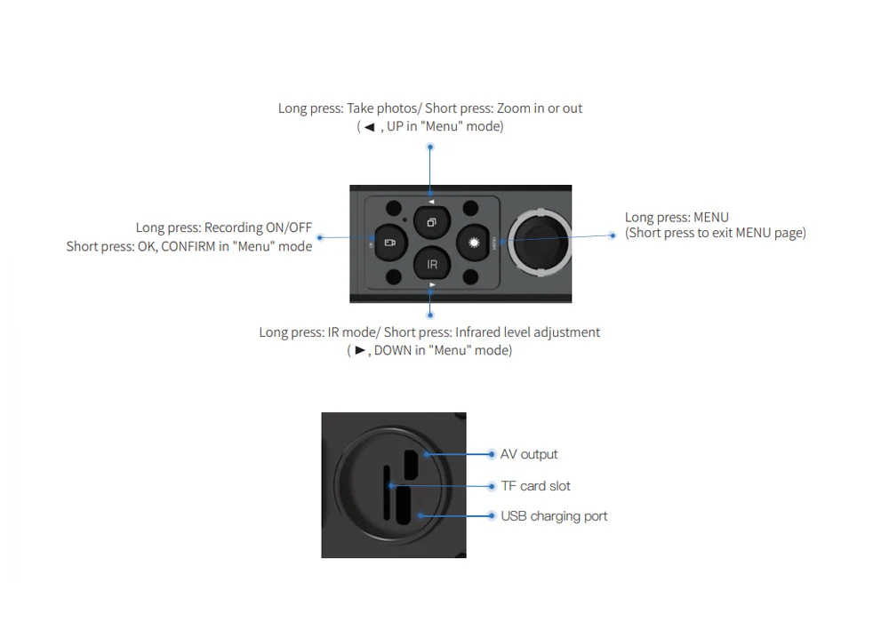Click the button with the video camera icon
[389, 242]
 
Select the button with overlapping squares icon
[430, 222]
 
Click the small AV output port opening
[412, 462]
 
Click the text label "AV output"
[529, 454]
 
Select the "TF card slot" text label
[535, 486]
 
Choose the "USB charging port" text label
[554, 516]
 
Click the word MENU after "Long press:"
[711, 217]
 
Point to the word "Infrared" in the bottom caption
[482, 332]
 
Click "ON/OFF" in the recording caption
[289, 227]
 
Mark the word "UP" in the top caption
[395, 126]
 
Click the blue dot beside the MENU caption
[613, 235]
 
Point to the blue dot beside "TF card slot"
[492, 486]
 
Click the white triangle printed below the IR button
[431, 284]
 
